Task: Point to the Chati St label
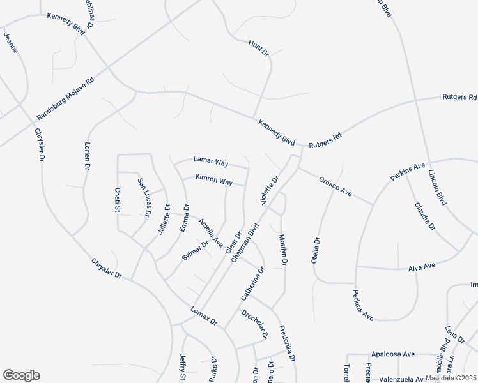[x=118, y=200]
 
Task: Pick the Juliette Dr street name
[x=162, y=221]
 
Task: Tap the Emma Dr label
[x=184, y=217]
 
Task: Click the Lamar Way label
[x=211, y=162]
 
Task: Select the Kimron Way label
[x=213, y=181]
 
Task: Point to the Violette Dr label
[x=271, y=191]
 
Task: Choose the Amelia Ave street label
[x=210, y=234]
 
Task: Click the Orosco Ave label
[x=335, y=186]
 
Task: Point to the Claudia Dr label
[x=424, y=216]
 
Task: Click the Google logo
[x=21, y=375]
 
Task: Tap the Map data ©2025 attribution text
[x=451, y=378]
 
